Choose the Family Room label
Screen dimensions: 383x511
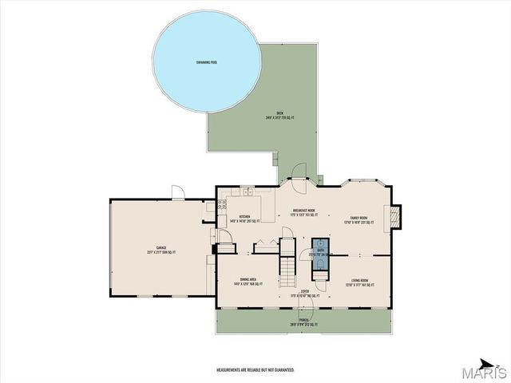(358, 219)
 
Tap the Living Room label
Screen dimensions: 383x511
(359, 282)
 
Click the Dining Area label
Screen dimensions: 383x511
(248, 281)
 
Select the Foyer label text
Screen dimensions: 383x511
(305, 294)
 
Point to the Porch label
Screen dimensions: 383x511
(304, 323)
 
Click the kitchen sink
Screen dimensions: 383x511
(248, 192)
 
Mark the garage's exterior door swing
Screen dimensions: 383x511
(177, 192)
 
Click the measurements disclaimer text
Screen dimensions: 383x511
(255, 370)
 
